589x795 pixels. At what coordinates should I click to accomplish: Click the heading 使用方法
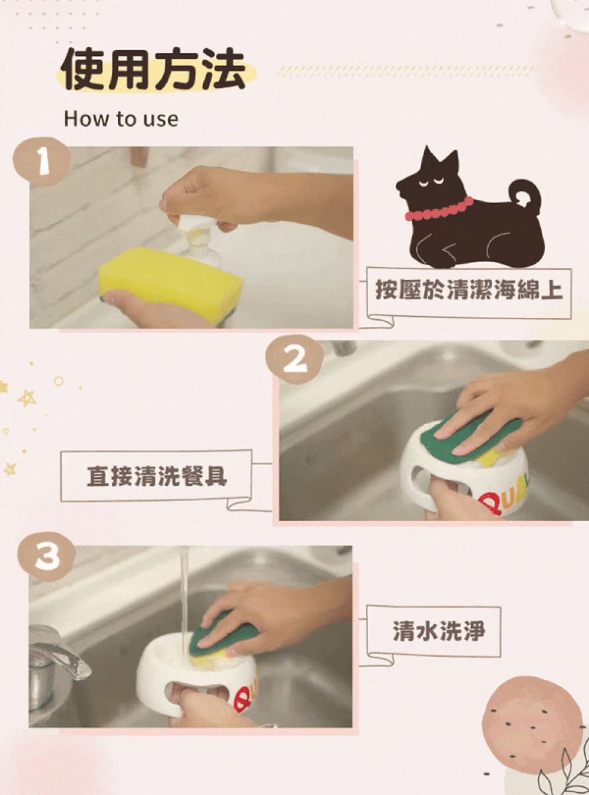(x=153, y=69)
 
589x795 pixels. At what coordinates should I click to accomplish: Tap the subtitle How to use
(x=121, y=119)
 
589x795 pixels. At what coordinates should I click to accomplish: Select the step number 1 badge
(x=41, y=163)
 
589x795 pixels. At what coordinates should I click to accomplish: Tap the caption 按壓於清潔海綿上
(x=468, y=290)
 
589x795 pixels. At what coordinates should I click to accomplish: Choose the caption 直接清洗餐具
(x=157, y=476)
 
